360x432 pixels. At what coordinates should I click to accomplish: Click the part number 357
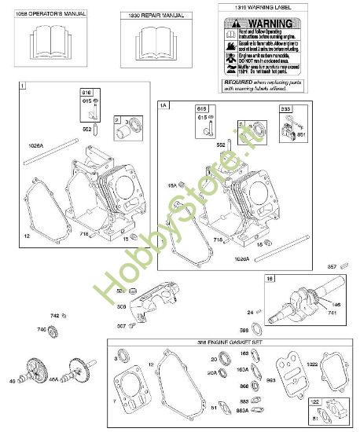click(x=332, y=265)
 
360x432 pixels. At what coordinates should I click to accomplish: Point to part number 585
click(x=244, y=329)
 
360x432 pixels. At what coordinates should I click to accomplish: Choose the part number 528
click(x=121, y=290)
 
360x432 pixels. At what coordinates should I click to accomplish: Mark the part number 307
click(x=121, y=326)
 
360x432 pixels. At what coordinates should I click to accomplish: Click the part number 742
click(x=54, y=315)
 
